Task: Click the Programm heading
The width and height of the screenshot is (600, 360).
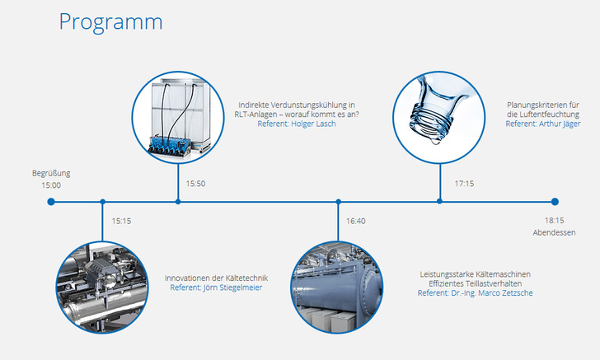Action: pyautogui.click(x=110, y=21)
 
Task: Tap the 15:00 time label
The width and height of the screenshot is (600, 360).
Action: pyautogui.click(x=51, y=185)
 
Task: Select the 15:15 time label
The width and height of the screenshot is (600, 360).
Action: pyautogui.click(x=121, y=221)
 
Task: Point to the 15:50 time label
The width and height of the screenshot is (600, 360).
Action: pyautogui.click(x=195, y=184)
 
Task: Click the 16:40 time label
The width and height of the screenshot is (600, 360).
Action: pyautogui.click(x=355, y=221)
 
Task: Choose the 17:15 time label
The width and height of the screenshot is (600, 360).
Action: pyautogui.click(x=463, y=184)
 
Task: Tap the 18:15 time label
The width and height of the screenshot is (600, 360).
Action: pyautogui.click(x=554, y=221)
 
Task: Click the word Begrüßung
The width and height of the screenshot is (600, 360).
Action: pyautogui.click(x=51, y=173)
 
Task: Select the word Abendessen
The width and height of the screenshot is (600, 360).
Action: pyautogui.click(x=554, y=232)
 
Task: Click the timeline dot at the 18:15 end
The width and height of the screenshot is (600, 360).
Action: pyautogui.click(x=555, y=202)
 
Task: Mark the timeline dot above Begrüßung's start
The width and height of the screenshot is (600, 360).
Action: pyautogui.click(x=51, y=202)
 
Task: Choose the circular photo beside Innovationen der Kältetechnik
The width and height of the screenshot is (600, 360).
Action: pyautogui.click(x=102, y=288)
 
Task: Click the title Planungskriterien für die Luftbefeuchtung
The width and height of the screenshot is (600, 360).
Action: pyautogui.click(x=543, y=109)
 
